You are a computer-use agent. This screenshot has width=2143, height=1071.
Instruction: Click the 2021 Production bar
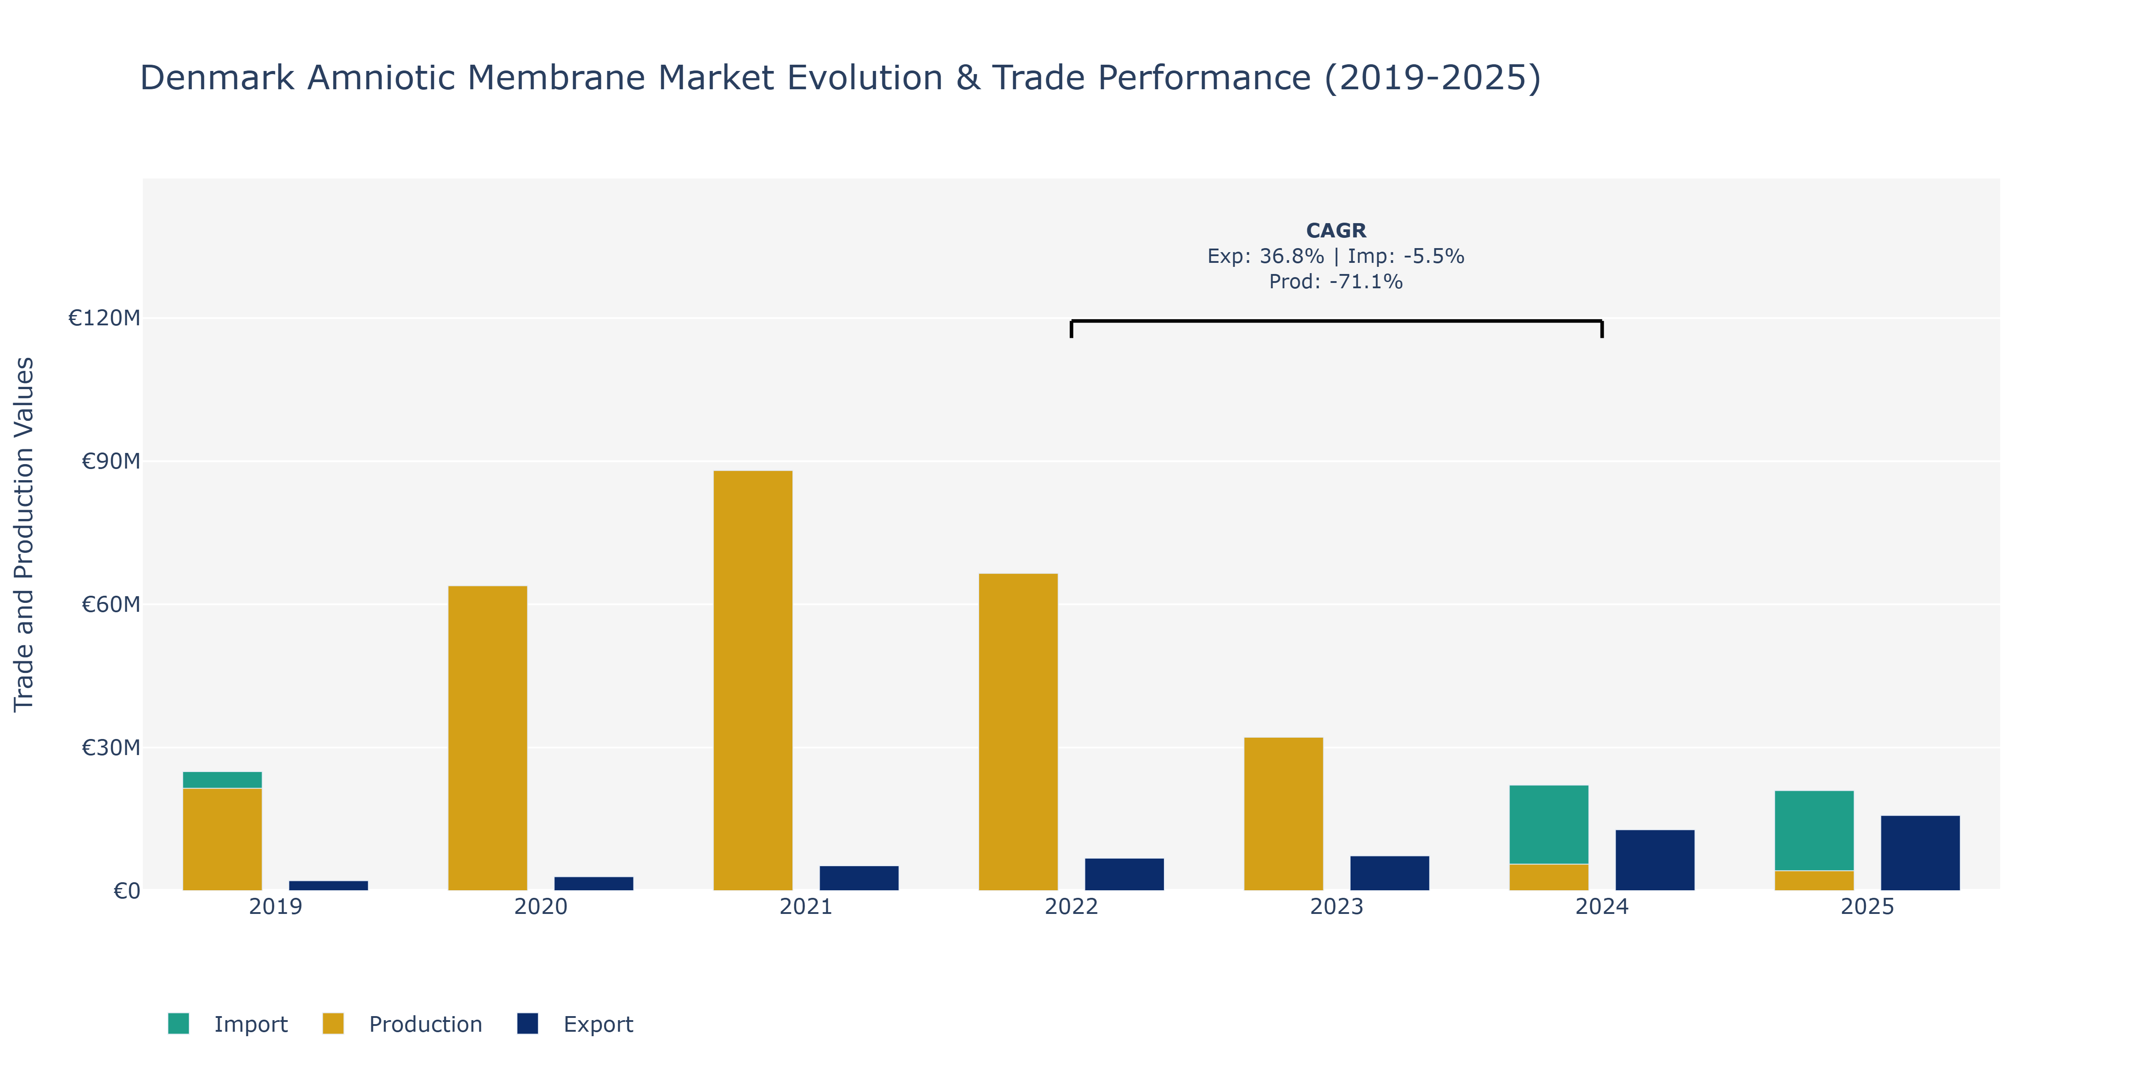point(753,680)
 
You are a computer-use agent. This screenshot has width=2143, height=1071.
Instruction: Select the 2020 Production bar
point(488,739)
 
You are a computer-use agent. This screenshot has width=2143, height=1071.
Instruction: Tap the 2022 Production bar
point(1018,732)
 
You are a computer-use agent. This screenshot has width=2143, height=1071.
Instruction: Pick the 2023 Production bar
point(1284,814)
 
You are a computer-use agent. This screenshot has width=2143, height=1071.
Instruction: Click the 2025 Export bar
point(1920,853)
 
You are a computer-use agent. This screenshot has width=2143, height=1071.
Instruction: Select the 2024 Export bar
point(1655,860)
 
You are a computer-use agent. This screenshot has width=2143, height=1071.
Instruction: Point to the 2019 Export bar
point(329,885)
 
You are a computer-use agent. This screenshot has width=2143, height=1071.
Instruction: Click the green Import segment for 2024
point(1549,825)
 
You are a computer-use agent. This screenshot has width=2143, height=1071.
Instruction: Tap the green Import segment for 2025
point(1814,830)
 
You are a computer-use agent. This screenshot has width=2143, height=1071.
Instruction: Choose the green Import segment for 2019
point(222,780)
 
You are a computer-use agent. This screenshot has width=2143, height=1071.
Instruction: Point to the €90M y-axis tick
point(111,461)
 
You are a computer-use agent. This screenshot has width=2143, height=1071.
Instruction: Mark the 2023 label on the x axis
point(1337,906)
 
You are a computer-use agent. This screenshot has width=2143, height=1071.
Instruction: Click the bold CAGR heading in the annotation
point(1336,230)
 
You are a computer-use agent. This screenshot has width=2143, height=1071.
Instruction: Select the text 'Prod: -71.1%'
point(1336,282)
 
